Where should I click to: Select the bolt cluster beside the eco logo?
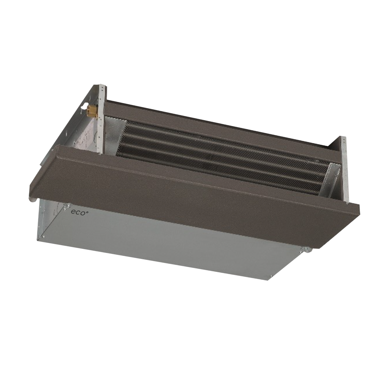click(x=66, y=206)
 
